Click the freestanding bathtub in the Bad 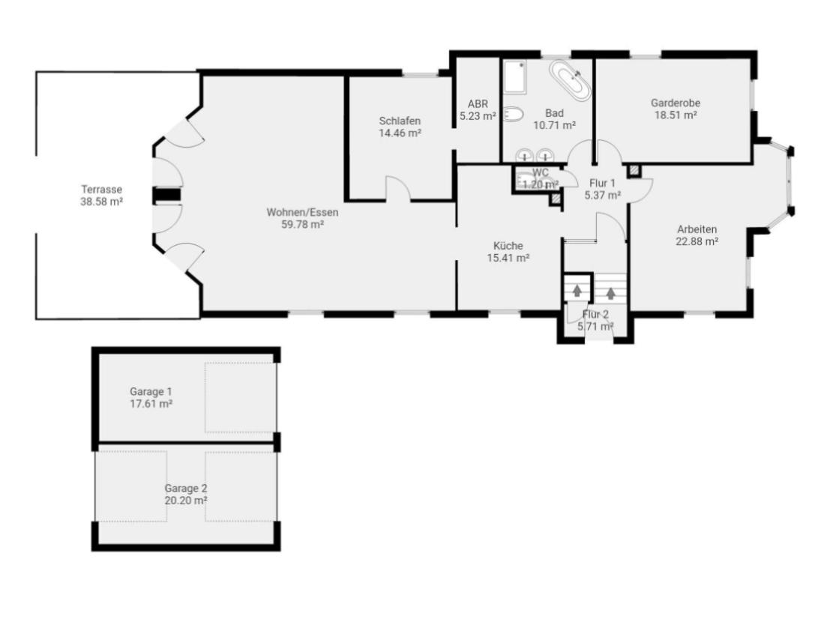571,80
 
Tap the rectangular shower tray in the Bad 514,77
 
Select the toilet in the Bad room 513,115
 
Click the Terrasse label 102,190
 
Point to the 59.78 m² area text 298,223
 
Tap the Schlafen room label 400,121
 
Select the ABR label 478,104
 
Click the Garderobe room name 676,103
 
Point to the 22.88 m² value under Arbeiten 697,241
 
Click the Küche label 508,245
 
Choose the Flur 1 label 603,183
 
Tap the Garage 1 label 151,391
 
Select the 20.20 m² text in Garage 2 186,499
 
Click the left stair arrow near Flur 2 577,290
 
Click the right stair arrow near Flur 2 612,292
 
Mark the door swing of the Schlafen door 398,187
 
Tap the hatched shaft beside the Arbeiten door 634,171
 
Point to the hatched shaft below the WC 555,199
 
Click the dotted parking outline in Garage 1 240,397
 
